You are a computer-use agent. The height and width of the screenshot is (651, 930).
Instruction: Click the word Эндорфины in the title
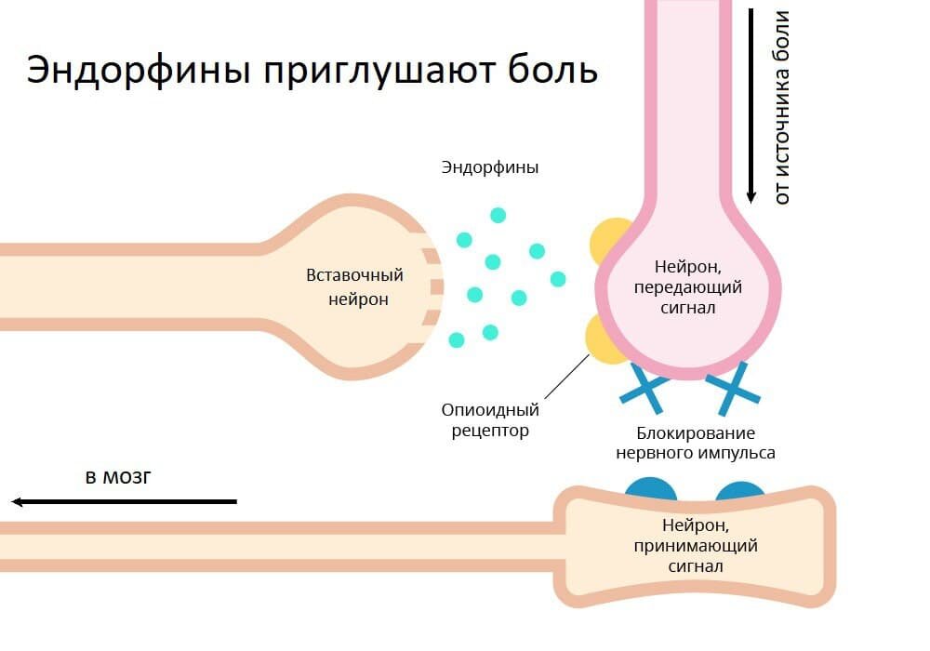138,72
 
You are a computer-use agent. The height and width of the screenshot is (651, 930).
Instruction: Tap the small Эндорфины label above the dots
490,168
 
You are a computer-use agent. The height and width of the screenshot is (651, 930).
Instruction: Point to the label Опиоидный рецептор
490,420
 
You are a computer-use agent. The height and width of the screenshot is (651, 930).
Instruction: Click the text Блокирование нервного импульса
695,444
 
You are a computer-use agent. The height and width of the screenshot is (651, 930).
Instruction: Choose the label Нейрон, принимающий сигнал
696,545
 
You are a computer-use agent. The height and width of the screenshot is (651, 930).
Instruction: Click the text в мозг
117,478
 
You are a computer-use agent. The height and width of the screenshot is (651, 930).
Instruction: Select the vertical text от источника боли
782,107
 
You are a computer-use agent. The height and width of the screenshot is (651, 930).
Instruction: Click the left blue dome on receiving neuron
651,490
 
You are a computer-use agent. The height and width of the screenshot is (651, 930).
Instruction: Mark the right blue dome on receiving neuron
740,491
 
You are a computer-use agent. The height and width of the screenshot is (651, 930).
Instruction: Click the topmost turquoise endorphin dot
498,215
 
